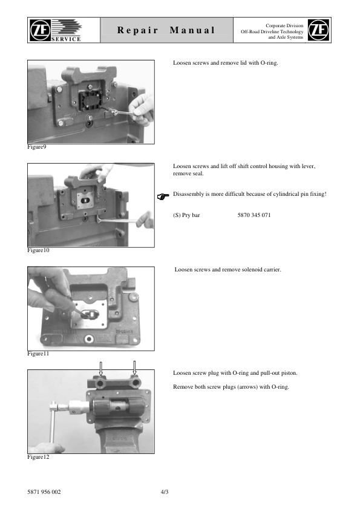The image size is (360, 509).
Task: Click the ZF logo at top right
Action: coord(319,30)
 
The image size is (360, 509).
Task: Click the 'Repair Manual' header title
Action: coord(166,30)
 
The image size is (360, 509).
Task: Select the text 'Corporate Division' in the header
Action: coord(284,24)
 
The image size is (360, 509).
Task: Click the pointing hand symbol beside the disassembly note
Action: coord(162,196)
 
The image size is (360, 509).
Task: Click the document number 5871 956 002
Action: coord(44,491)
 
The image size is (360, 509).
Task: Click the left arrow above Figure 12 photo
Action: coord(101,366)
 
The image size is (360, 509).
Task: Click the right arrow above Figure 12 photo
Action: coord(134,366)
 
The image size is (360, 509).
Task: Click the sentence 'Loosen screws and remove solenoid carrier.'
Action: coord(227,270)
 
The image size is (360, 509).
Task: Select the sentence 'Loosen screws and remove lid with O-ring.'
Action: coord(226,63)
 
